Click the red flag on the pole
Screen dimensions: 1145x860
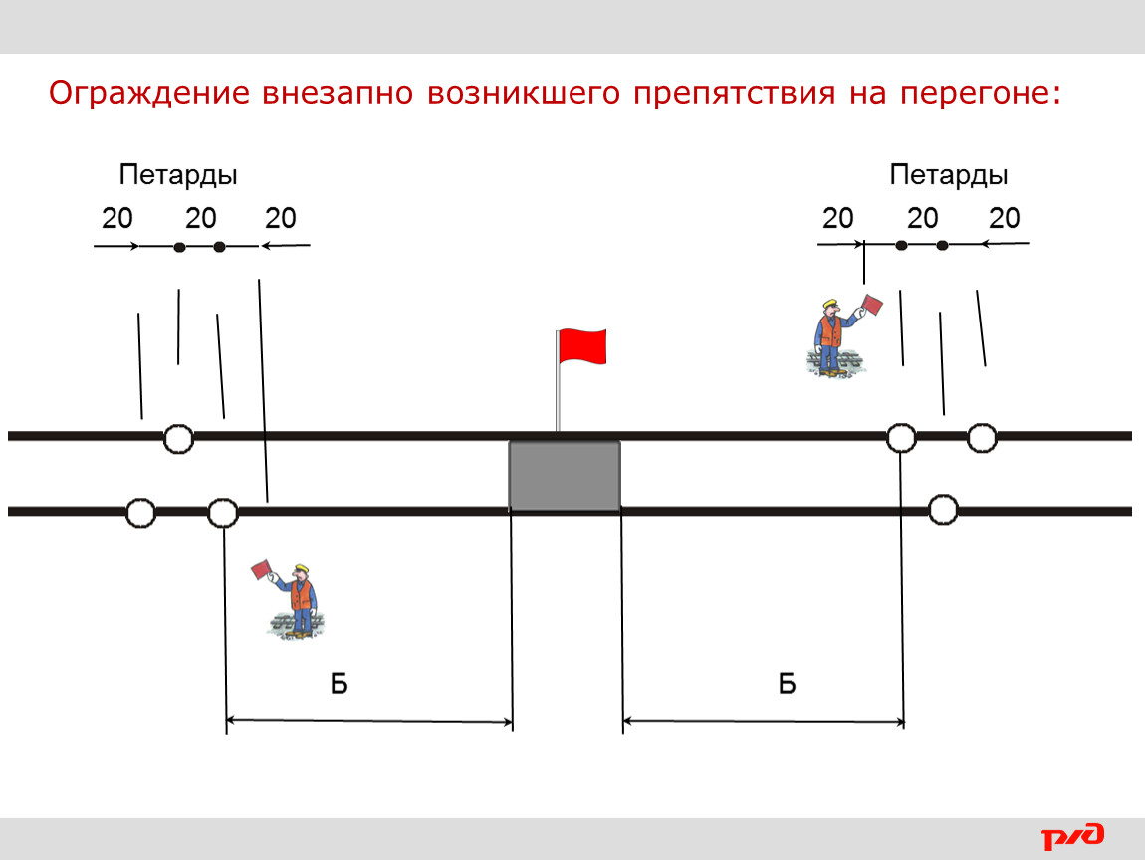582,346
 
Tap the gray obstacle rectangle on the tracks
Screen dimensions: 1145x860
565,475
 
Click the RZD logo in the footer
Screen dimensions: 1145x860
1072,836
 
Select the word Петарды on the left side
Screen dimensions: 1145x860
178,176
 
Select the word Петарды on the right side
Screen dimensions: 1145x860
949,176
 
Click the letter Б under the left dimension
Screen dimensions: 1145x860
339,684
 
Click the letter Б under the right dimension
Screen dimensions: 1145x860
787,684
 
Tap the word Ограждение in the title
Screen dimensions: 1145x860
149,94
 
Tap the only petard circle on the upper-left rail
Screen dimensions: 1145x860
178,439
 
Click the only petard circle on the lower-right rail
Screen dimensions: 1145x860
943,509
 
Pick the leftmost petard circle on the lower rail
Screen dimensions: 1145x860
140,513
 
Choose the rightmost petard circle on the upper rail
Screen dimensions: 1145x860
982,438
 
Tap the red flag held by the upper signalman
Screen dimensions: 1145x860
872,304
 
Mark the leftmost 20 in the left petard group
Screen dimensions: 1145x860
116,218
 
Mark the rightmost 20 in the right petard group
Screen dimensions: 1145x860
1004,218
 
